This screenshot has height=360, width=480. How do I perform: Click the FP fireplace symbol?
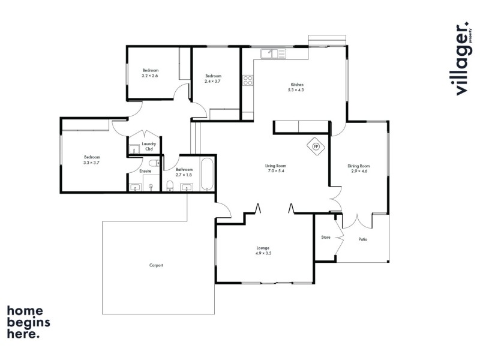tap(316, 147)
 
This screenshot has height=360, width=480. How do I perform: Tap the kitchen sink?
tap(274, 53)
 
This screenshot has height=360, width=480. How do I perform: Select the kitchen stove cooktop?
tap(248, 80)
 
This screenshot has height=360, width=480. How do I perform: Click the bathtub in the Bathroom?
tap(207, 174)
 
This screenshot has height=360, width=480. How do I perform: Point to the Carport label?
tap(156, 265)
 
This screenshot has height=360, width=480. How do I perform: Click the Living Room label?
tap(276, 166)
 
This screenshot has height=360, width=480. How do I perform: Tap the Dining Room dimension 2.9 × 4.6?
tap(359, 171)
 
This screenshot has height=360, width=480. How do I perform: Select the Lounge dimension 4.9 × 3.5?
tap(263, 253)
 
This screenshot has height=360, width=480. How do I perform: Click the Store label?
tap(326, 237)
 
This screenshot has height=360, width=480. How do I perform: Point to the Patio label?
tap(363, 239)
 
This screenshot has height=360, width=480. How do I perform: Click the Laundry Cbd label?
tap(149, 146)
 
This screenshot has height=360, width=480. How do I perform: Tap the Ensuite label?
tap(145, 171)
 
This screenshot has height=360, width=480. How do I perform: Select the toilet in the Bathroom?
tap(170, 186)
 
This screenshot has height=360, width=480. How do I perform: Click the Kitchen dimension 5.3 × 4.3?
tap(296, 90)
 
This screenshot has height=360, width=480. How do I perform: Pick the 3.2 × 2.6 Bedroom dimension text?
tap(150, 76)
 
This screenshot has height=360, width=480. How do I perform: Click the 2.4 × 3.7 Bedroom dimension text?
tap(212, 81)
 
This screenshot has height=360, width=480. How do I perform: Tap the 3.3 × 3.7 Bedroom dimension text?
tap(91, 163)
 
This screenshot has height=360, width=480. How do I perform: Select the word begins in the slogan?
tap(28, 322)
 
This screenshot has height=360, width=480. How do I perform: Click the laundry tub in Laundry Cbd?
tap(134, 149)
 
